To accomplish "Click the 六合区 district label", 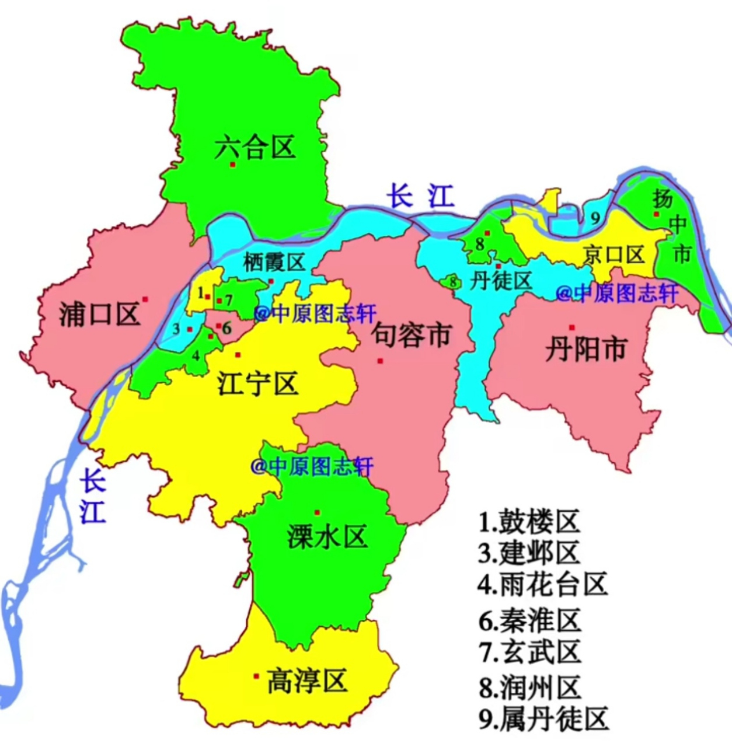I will (255, 147).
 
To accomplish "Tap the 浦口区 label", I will (99, 314).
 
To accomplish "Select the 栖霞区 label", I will (274, 262).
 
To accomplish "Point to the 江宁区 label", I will (257, 383).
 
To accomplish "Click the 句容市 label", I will (412, 334).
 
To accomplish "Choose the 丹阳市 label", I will (585, 349).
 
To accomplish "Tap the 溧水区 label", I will (327, 536).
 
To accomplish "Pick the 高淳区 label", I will (306, 680).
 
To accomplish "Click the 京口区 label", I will (613, 254).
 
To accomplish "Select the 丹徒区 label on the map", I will (501, 281).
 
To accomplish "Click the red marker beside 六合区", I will (232, 165).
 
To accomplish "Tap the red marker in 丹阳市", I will (572, 327).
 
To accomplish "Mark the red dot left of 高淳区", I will (256, 676).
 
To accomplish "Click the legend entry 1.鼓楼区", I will (529, 521).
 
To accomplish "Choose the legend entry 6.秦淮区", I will (529, 620).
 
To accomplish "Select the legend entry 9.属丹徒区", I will (543, 719).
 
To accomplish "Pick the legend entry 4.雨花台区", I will (542, 584).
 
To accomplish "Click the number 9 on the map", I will (595, 218).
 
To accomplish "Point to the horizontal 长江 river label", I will (421, 196).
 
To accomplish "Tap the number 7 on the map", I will (229, 300).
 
